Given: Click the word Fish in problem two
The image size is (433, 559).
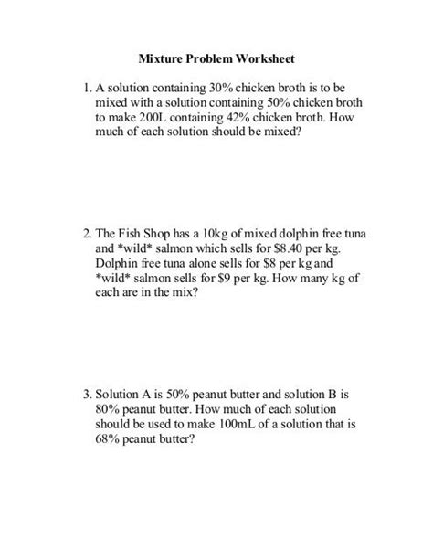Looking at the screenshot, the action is (131, 235).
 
